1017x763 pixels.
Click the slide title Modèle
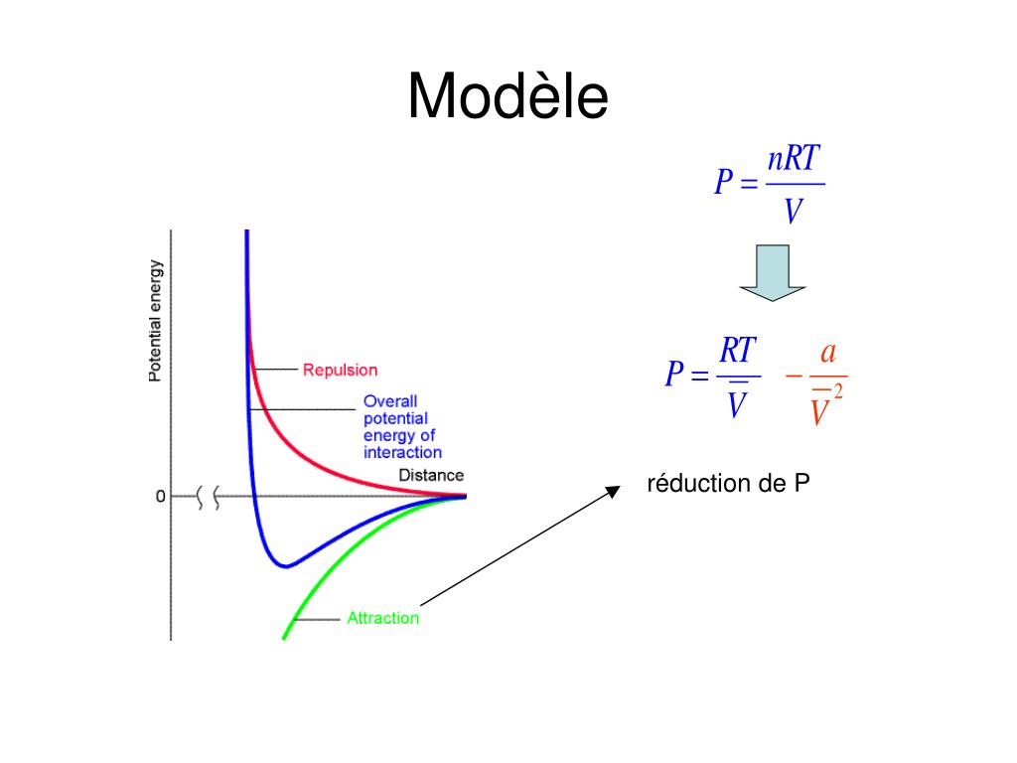[x=508, y=97]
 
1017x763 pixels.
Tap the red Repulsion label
[x=340, y=370]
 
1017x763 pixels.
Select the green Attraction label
[x=382, y=618]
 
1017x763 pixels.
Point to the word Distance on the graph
[x=431, y=475]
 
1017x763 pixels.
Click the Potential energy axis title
[x=156, y=321]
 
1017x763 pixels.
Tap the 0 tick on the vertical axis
[x=160, y=496]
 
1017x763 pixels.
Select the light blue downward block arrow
[x=772, y=271]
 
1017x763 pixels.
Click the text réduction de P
[x=728, y=484]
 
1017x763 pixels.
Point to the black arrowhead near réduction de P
[x=613, y=489]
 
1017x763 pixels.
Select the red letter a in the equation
[x=827, y=354]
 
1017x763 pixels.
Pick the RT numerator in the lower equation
[x=738, y=350]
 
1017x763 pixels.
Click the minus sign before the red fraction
[x=793, y=377]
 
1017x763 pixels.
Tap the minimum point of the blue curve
[x=286, y=566]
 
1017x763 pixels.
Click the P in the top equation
[x=724, y=183]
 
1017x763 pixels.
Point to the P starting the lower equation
[x=675, y=376]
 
